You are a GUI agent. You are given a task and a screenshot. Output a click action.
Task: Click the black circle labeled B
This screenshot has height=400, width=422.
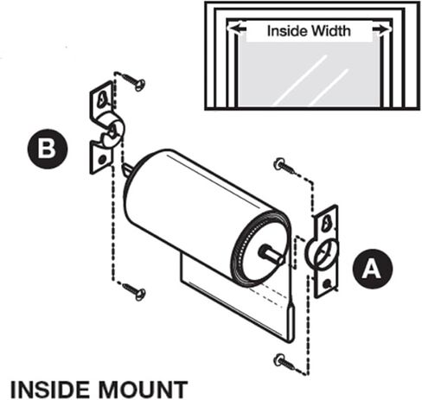tap(48, 149)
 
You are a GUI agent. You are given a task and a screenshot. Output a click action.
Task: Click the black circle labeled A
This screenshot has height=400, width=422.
tap(373, 269)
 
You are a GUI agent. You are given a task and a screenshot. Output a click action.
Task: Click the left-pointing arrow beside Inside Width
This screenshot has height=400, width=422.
tap(237, 29)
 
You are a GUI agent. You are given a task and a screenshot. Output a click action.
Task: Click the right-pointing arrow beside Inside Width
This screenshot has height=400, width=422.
tap(381, 29)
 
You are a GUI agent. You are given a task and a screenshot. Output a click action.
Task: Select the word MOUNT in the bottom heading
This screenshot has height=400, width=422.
tap(143, 390)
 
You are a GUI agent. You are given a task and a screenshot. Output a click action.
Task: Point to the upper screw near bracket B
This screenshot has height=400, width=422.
tap(133, 81)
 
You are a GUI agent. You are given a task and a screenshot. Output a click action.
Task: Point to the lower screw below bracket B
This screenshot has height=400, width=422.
tap(134, 291)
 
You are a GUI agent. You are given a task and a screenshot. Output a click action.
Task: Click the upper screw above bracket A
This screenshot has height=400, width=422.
tap(285, 166)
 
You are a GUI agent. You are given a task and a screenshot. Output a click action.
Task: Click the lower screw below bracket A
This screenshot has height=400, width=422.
tap(285, 362)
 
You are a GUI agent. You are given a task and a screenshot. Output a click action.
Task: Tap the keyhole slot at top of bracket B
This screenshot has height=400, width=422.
tap(101, 98)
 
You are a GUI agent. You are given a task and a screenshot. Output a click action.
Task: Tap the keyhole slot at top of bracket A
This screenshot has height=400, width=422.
tap(326, 223)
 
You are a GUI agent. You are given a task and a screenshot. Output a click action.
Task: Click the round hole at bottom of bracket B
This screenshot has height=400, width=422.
tap(102, 159)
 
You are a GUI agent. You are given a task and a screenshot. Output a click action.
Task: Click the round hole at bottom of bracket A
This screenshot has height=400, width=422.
tap(327, 284)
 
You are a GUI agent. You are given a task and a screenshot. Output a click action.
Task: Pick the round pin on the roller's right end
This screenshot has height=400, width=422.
tap(271, 254)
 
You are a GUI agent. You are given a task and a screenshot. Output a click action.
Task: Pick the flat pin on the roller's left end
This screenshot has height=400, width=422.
tap(127, 170)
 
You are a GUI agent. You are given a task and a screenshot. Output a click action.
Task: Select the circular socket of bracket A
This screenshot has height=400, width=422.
tap(322, 254)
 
